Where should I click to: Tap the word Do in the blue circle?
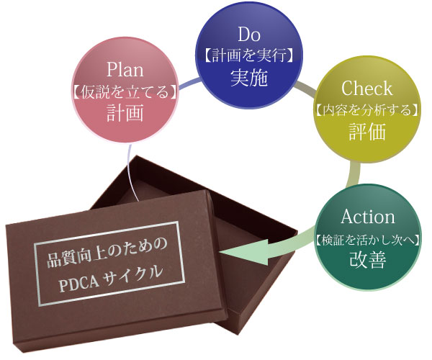pos(249,34)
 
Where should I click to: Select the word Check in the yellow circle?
pos(366,89)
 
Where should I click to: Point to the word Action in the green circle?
pos(368,217)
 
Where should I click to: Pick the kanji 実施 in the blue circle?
pos(249,77)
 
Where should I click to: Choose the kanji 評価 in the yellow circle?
pos(367,132)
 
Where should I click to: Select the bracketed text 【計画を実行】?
pos(249,55)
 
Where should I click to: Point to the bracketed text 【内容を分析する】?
pos(367,111)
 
